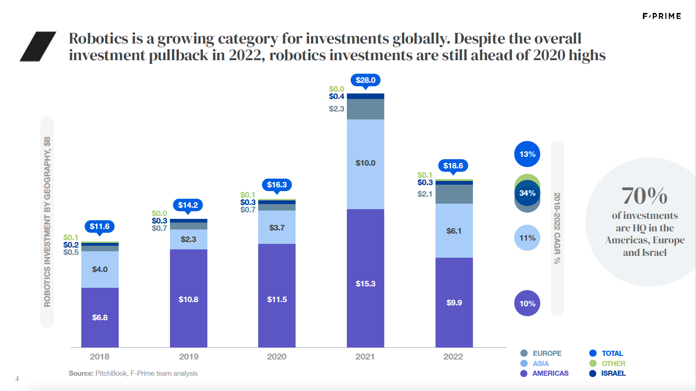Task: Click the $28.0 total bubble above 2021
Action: tap(365, 80)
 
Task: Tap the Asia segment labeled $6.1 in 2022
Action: tap(454, 230)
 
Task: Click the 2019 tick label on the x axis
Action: tap(188, 356)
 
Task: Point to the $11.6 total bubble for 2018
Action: tap(99, 226)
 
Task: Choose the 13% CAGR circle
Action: tap(527, 154)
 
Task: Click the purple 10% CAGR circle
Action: tap(527, 304)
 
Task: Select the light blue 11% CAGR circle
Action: tap(527, 238)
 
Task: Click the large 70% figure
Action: tap(644, 196)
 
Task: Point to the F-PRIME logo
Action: tap(662, 16)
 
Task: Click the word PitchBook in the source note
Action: tap(111, 373)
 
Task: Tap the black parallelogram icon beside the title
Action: tap(38, 46)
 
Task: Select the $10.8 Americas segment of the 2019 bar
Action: tap(188, 299)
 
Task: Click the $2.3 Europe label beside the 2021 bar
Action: tap(336, 109)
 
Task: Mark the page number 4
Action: tap(17, 379)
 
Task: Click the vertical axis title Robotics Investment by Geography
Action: tap(47, 222)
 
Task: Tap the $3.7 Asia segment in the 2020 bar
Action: tap(277, 227)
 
